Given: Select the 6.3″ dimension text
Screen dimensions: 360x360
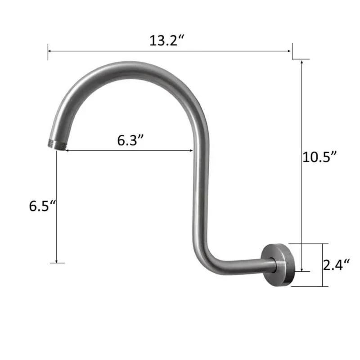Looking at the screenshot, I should click(130, 140).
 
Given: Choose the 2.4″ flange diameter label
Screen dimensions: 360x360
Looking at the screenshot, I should click(336, 265).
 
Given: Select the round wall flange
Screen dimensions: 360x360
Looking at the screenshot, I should click(280, 265).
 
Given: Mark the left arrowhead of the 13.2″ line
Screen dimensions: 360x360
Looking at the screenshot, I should click(50, 51).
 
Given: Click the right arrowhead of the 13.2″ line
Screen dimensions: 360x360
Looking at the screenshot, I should click(289, 51).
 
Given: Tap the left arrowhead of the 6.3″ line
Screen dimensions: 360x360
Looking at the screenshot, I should click(69, 151).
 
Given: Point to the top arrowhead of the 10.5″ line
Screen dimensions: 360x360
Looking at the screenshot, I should click(301, 62).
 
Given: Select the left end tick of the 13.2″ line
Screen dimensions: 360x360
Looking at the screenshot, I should click(48, 51).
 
